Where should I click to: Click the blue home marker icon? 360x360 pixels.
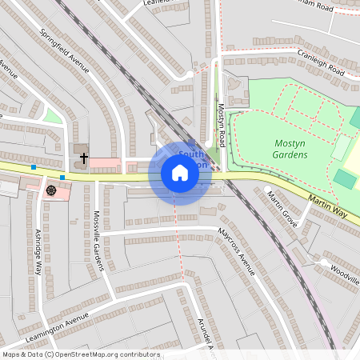click(x=180, y=173)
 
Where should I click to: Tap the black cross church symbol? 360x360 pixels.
click(x=83, y=158)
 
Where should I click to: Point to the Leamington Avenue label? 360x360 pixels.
click(x=56, y=329)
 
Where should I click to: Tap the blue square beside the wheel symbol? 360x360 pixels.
click(x=62, y=177)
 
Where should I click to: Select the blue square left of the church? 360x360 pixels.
click(x=34, y=167)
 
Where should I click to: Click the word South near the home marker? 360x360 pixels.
click(x=190, y=154)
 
